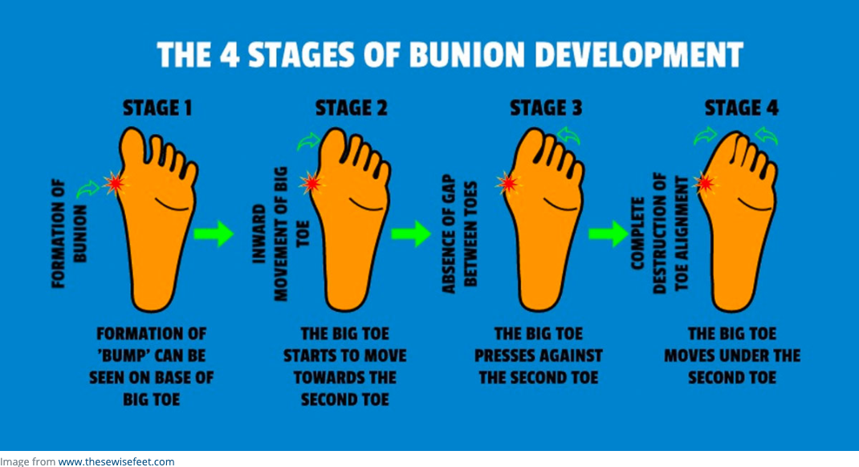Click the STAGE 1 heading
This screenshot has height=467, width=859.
click(x=157, y=108)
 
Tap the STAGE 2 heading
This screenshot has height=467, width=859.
click(x=351, y=108)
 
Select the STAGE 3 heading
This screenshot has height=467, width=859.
click(x=546, y=108)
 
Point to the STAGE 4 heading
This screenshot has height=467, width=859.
click(x=741, y=108)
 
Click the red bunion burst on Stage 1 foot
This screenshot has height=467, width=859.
click(x=115, y=184)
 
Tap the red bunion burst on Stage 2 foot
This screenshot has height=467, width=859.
click(x=311, y=183)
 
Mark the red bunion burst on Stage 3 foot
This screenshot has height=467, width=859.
click(x=508, y=184)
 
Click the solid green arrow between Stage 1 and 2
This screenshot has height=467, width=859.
click(x=214, y=233)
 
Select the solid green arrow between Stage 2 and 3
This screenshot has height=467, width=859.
click(x=411, y=233)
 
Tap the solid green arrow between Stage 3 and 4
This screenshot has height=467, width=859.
click(x=608, y=233)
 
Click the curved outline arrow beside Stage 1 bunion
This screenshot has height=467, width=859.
click(x=88, y=189)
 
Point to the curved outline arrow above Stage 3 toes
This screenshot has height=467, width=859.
click(x=568, y=135)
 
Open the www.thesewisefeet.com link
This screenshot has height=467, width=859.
click(x=116, y=461)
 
